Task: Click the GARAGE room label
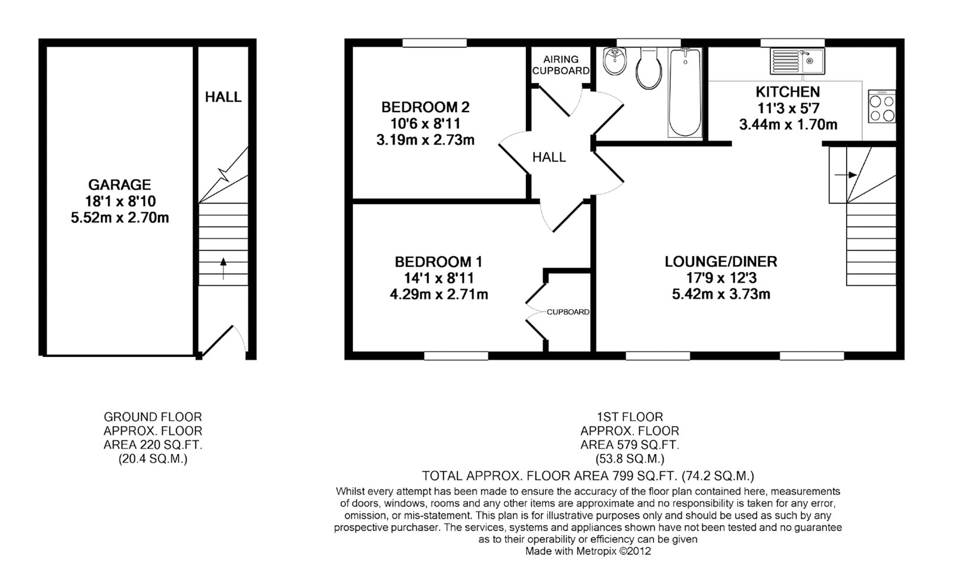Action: [x=120, y=185]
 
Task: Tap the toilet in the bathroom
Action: [x=649, y=68]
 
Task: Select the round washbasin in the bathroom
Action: [x=615, y=61]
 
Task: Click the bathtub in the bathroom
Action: [x=685, y=93]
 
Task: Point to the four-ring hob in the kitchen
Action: [x=882, y=107]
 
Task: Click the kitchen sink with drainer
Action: [x=797, y=61]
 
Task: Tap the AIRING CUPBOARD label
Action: [x=561, y=65]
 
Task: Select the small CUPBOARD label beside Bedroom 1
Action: [x=568, y=312]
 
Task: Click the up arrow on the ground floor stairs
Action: [x=223, y=269]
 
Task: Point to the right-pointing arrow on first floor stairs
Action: [x=846, y=175]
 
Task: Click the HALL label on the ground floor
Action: [x=223, y=97]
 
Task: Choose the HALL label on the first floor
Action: [x=549, y=158]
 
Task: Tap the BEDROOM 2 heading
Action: [x=426, y=107]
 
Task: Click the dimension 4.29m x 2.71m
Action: [x=439, y=295]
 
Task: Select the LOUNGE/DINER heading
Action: [x=721, y=262]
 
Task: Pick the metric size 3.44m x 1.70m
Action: [x=788, y=125]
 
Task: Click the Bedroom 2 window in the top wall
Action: [x=435, y=42]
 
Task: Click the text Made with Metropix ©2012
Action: [x=588, y=551]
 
